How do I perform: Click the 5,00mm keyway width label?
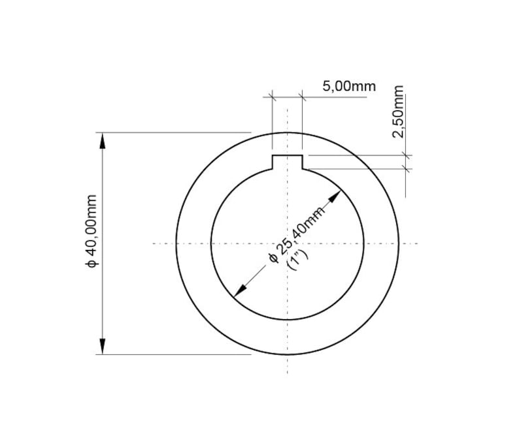[x=349, y=87]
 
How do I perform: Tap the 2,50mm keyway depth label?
[x=398, y=112]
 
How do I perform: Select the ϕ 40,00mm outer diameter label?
[x=91, y=231]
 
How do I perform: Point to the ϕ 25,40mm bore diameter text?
[x=297, y=235]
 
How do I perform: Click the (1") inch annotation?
[x=298, y=260]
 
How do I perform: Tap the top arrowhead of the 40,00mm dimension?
[x=103, y=140]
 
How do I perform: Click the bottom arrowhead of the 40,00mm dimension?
[x=103, y=347]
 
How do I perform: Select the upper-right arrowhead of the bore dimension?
[x=335, y=196]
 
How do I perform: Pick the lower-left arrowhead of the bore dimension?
[x=240, y=291]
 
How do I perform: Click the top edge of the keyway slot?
[x=288, y=155]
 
